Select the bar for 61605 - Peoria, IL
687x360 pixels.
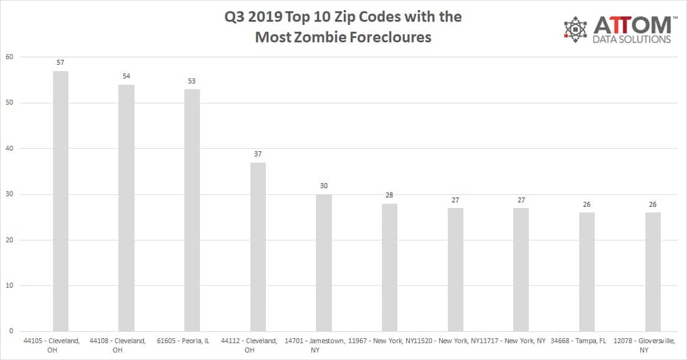(x=192, y=210)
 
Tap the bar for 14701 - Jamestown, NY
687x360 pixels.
(x=324, y=262)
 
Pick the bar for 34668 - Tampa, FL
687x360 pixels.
(x=587, y=272)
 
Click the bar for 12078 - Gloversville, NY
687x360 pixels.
(x=653, y=272)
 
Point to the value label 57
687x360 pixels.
(x=60, y=63)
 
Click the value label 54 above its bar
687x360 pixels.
(x=126, y=76)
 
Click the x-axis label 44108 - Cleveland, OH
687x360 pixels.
(x=118, y=345)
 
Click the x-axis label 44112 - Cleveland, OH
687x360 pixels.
(x=249, y=345)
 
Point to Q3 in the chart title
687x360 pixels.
(x=235, y=17)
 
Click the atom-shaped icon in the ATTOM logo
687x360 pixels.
(x=576, y=29)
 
